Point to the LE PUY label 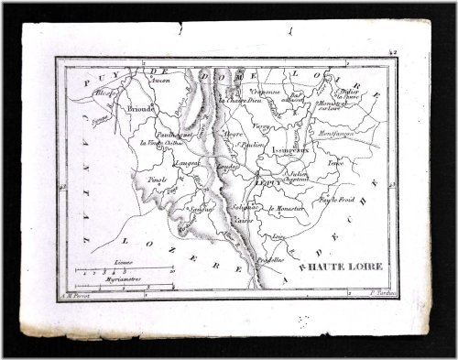[268, 182]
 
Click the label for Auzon [161, 80]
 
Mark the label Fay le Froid [336, 198]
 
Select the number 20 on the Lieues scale [172, 270]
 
